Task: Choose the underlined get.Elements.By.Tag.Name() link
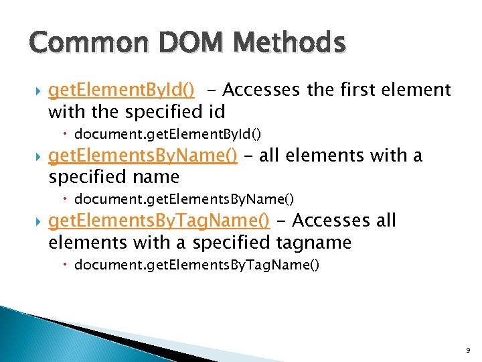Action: point(159,221)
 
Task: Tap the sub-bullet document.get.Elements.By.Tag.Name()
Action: point(197,265)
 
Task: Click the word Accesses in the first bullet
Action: point(262,89)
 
